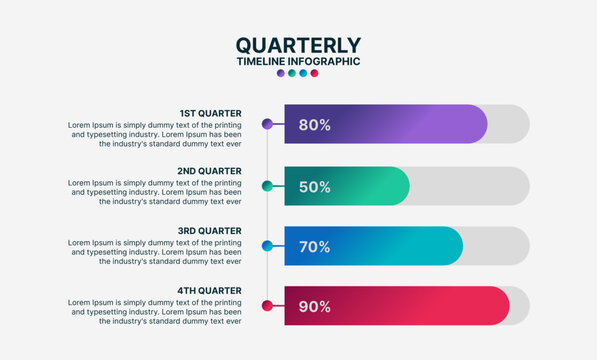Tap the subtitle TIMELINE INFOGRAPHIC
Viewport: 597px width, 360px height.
(298, 61)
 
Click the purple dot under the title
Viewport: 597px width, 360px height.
(280, 73)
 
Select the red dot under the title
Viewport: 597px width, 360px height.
(314, 73)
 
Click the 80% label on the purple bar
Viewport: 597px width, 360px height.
(314, 125)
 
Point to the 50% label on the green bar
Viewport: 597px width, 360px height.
(314, 186)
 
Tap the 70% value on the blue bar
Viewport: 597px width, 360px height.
(314, 246)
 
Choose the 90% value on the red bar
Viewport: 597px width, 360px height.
(314, 306)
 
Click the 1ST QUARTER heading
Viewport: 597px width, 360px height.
(210, 113)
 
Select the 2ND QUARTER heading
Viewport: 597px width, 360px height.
(209, 171)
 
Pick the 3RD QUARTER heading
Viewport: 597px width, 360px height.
(209, 230)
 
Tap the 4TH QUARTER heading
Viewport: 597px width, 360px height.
(209, 290)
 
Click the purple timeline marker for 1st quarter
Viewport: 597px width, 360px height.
(267, 124)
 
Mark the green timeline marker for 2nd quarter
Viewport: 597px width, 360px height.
(267, 186)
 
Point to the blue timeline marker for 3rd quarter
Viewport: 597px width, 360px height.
(267, 246)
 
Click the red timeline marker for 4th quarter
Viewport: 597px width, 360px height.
(267, 306)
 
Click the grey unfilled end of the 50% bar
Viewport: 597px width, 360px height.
(470, 186)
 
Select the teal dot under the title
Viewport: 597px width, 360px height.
(291, 73)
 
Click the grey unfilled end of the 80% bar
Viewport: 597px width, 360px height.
(509, 124)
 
